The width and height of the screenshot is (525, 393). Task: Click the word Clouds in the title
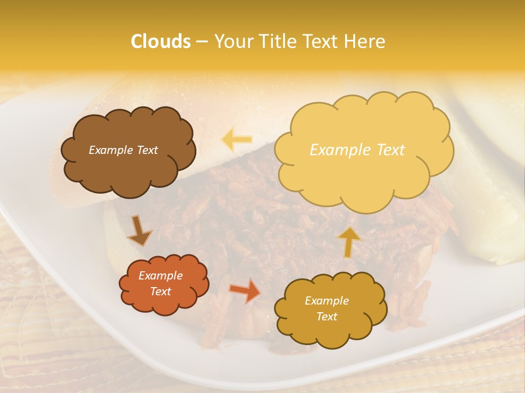pyautogui.click(x=161, y=41)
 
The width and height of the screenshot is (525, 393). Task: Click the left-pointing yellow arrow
pyautogui.click(x=237, y=140)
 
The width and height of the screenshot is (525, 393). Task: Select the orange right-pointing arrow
pyautogui.click(x=244, y=290)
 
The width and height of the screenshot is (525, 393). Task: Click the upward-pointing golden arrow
pyautogui.click(x=349, y=241)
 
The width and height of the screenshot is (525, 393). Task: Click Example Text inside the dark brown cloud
pyautogui.click(x=123, y=150)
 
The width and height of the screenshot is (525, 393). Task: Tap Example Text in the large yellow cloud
pyautogui.click(x=357, y=150)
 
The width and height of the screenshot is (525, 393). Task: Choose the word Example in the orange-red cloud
pyautogui.click(x=160, y=276)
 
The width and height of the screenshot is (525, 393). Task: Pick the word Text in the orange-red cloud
pyautogui.click(x=160, y=291)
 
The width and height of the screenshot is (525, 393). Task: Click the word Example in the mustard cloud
pyautogui.click(x=326, y=301)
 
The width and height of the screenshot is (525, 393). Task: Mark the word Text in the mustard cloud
pyautogui.click(x=326, y=317)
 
